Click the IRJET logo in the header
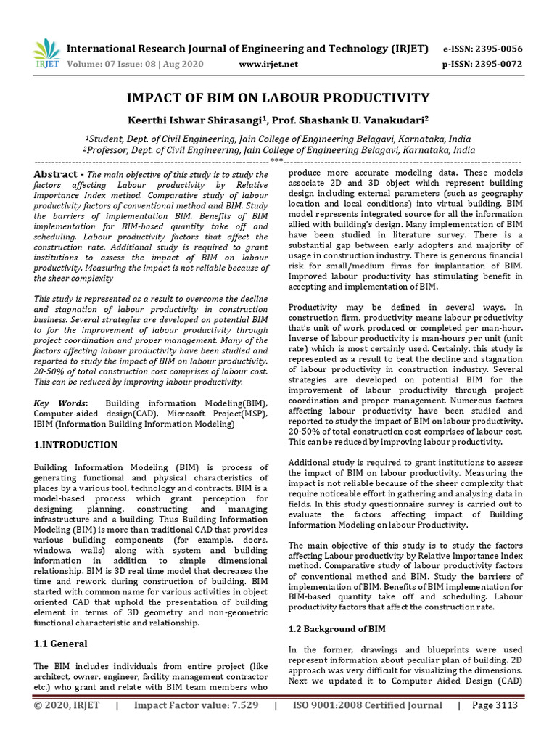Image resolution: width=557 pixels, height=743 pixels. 46,54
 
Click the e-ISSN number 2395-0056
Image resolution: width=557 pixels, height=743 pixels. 482,49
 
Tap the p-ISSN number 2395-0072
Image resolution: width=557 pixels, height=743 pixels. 482,64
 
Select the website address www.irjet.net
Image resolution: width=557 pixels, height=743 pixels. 268,64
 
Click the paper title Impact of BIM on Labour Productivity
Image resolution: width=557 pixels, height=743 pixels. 278,98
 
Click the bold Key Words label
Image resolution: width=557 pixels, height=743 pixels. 62,403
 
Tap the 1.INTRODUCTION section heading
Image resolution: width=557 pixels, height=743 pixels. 75,444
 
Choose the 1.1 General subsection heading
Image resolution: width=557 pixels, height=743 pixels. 61,644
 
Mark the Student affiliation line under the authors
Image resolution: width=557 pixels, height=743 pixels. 278,139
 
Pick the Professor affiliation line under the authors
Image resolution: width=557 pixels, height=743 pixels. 278,150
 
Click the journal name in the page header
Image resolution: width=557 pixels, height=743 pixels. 247,49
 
